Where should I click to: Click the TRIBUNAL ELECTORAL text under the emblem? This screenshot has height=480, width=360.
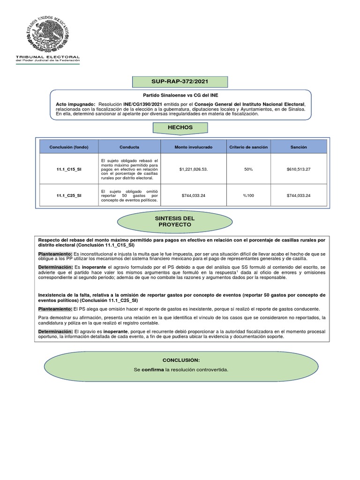[48, 57]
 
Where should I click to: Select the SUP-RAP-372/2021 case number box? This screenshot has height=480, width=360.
[180, 82]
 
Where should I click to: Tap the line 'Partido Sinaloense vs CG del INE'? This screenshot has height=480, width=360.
[180, 95]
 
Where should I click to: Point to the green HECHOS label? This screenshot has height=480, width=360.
[180, 127]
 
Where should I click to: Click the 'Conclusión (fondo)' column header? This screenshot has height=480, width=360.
[68, 147]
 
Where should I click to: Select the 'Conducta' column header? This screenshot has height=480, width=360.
[129, 147]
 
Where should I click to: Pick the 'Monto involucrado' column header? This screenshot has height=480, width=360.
[193, 147]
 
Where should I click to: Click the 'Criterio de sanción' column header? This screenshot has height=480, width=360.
[248, 147]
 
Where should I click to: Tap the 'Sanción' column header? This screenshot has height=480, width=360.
[299, 147]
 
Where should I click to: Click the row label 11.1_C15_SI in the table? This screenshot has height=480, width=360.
[68, 169]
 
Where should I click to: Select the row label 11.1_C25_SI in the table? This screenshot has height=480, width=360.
[68, 195]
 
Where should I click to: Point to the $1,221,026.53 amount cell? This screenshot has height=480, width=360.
[193, 169]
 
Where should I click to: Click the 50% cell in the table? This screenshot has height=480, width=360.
[248, 169]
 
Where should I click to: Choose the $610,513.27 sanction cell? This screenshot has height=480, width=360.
[299, 169]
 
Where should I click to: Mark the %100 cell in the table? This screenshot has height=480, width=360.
[248, 195]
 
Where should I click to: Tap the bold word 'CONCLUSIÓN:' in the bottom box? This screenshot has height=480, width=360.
[181, 360]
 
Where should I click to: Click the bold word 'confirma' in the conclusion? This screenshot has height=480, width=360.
[153, 370]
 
